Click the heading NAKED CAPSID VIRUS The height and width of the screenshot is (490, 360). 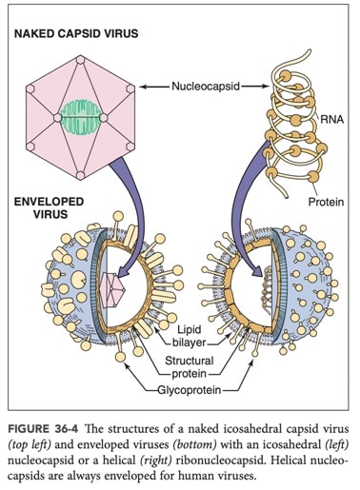pyautogui.click(x=76, y=33)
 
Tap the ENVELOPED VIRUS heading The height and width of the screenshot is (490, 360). pyautogui.click(x=49, y=207)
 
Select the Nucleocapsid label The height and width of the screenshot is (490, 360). pyautogui.click(x=206, y=86)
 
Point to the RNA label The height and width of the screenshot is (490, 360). pyautogui.click(x=331, y=120)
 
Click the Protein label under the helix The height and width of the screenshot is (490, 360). pyautogui.click(x=326, y=202)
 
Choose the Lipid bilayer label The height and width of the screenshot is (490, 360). pyautogui.click(x=190, y=336)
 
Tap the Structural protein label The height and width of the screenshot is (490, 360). pyautogui.click(x=190, y=367)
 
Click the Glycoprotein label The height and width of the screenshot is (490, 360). pyautogui.click(x=190, y=390)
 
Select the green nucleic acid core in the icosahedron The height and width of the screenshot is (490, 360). pyautogui.click(x=81, y=117)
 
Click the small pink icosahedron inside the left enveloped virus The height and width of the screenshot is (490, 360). pyautogui.click(x=111, y=289)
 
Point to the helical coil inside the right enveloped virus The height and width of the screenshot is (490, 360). pyautogui.click(x=268, y=291)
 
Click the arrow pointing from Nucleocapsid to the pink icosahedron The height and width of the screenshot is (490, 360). pyautogui.click(x=154, y=87)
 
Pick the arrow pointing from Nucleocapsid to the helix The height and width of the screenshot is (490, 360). pyautogui.click(x=255, y=87)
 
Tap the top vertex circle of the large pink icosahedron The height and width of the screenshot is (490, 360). pyautogui.click(x=81, y=60)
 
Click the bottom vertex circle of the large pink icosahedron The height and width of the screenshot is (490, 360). pyautogui.click(x=81, y=175)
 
